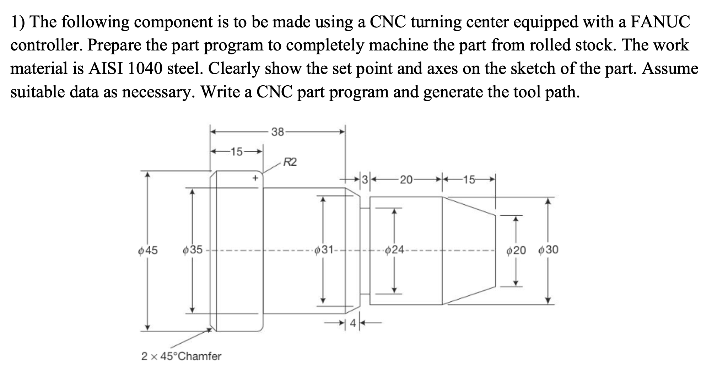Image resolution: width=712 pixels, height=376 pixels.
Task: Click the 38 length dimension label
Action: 278,132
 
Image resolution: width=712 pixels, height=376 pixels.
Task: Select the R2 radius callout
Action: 290,163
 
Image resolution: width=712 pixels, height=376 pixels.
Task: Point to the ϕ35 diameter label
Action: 192,250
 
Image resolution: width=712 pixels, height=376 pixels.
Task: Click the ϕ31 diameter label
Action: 323,250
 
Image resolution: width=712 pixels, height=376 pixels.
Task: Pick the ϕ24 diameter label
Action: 394,250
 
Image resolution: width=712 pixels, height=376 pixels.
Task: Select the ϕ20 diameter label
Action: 516,251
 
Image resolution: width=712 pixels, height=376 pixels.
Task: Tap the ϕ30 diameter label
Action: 548,250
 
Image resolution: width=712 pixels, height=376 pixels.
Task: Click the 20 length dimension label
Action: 406,180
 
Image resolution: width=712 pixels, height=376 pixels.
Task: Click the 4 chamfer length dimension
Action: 352,323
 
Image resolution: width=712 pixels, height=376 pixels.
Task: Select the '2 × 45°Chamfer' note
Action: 181,356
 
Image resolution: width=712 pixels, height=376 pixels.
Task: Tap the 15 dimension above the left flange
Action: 236,152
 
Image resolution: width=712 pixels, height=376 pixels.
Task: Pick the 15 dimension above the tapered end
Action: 469,180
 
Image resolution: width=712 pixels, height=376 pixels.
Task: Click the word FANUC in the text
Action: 660,22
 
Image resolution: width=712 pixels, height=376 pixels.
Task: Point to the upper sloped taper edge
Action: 469,206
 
